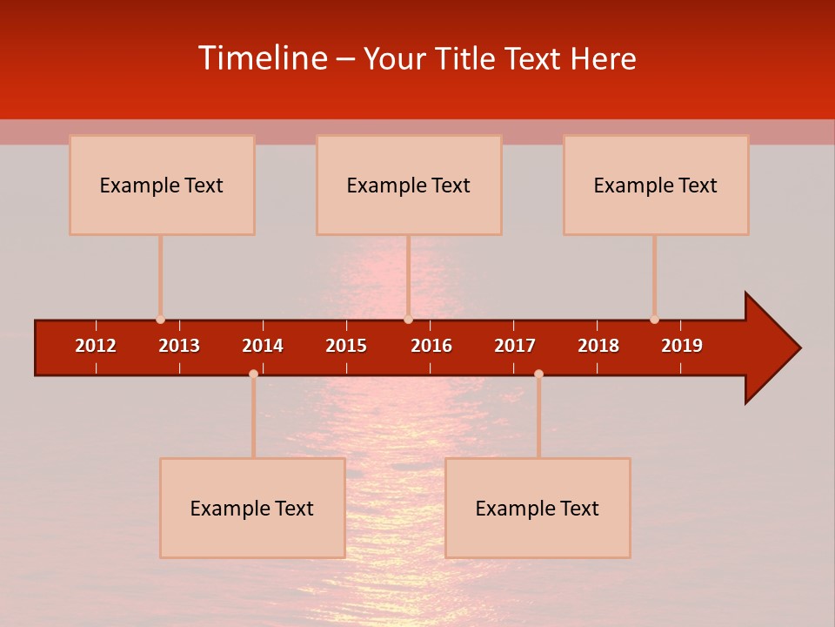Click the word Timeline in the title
263,58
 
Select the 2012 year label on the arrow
96,346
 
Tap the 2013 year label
179,346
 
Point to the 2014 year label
263,346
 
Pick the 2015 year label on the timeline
346,346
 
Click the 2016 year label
431,346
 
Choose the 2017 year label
515,346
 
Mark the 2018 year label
598,346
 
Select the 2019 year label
682,346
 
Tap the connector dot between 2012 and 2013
160,320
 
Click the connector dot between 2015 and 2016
408,320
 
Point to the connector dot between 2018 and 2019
654,320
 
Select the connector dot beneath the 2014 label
253,374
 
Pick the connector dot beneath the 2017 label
538,374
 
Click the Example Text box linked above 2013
162,185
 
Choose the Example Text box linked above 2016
409,185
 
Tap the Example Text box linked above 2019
656,185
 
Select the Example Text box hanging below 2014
252,508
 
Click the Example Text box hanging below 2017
538,508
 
